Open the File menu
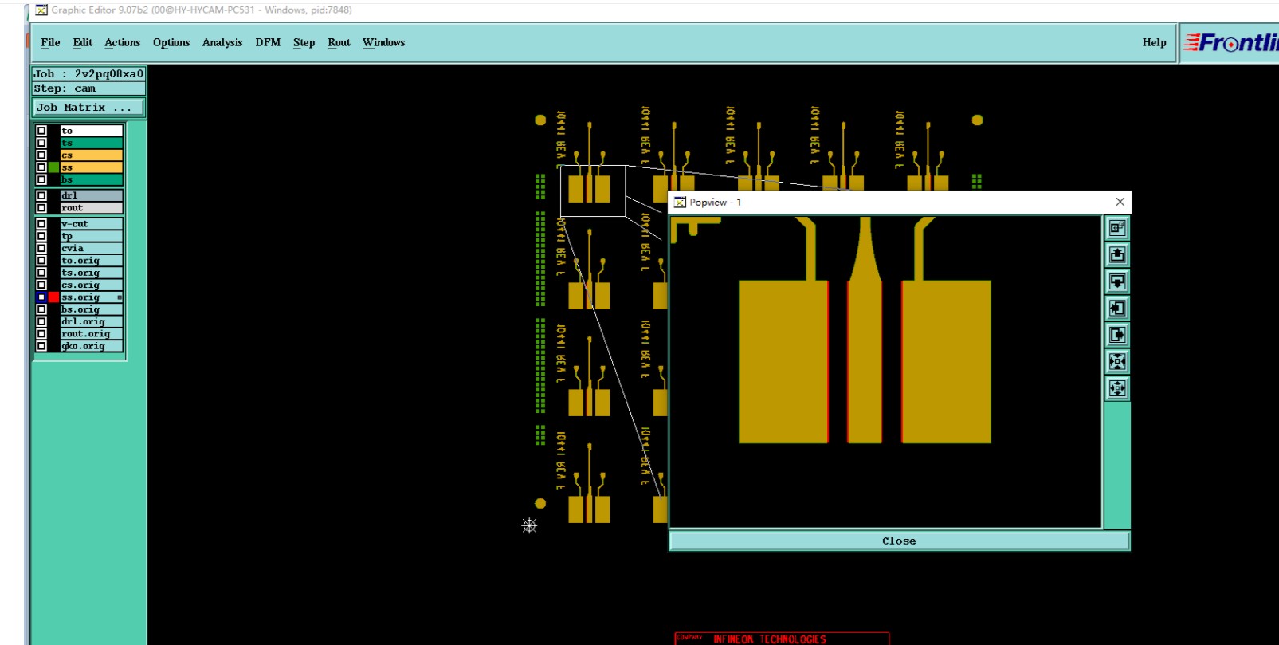[50, 43]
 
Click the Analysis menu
[222, 43]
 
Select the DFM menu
[268, 43]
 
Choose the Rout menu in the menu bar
[339, 43]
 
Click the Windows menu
[383, 43]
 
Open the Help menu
[1154, 43]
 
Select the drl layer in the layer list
[91, 195]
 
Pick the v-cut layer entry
[91, 224]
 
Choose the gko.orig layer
[91, 346]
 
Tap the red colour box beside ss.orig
[53, 297]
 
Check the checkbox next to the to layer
[41, 131]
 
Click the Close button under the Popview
[899, 541]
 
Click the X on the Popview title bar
[1120, 202]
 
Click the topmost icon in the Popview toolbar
[1117, 228]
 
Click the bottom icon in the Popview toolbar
[1117, 389]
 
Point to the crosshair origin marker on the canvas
[529, 525]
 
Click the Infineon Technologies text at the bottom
[769, 639]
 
